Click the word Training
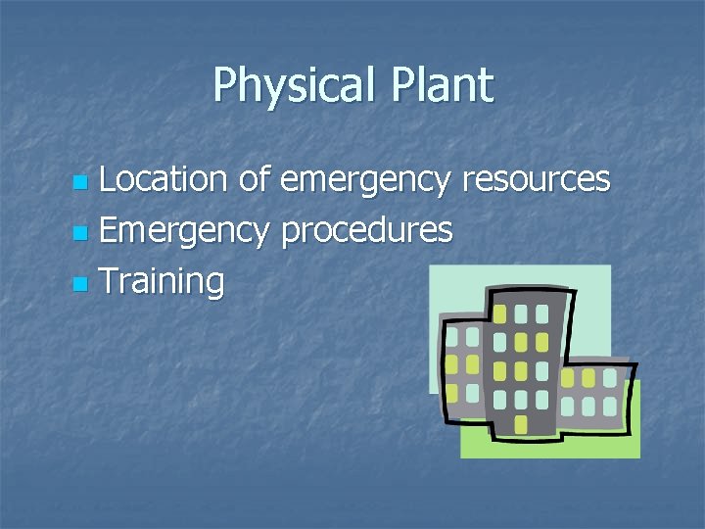coord(162,283)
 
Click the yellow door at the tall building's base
coord(521,423)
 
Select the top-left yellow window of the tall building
coord(499,314)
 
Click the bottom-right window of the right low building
coord(610,405)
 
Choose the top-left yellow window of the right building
coord(567,378)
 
